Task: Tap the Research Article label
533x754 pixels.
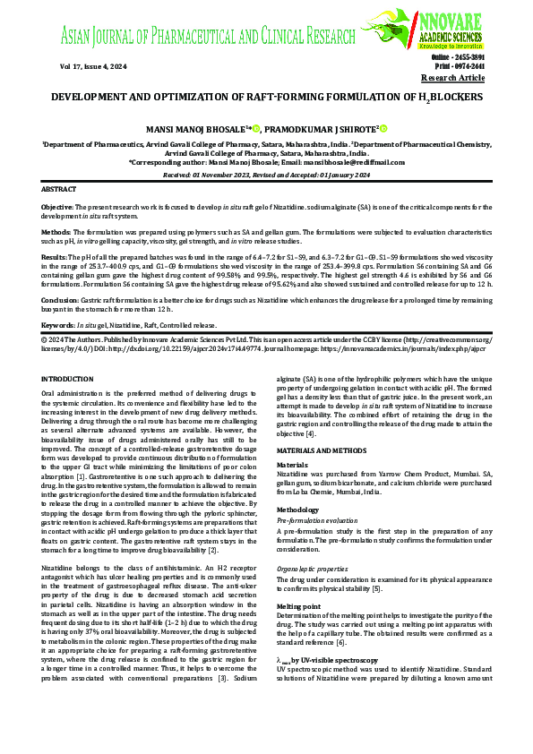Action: [x=454, y=78]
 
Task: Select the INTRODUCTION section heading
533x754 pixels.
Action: [x=73, y=380]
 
